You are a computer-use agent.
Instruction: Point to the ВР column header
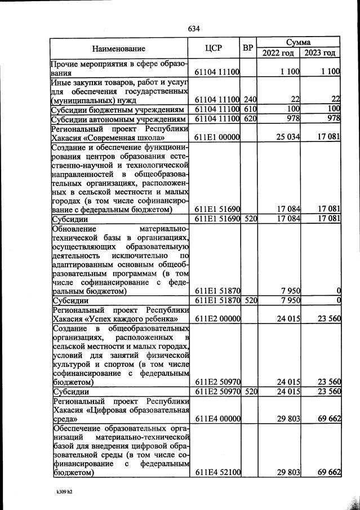click(248, 48)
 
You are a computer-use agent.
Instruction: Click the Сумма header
click(299, 42)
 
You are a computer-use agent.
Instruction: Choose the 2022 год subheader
click(278, 54)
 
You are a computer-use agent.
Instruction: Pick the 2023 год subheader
click(320, 54)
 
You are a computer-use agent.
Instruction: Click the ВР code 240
click(250, 100)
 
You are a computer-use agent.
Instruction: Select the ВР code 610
click(250, 109)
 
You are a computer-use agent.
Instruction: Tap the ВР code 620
click(250, 119)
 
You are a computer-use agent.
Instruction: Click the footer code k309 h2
click(64, 491)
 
